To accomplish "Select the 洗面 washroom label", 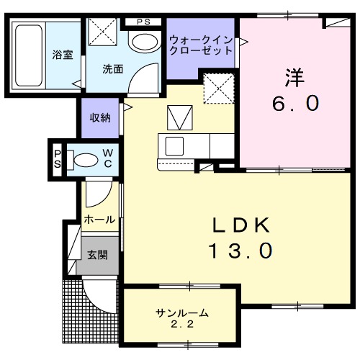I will [112, 70].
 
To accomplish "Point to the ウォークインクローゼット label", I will [200, 45].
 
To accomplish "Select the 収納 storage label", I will [100, 118].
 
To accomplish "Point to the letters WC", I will [107, 157].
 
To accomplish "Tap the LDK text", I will [240, 225].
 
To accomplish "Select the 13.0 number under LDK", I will [240, 251].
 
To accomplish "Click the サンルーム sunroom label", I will [182, 312].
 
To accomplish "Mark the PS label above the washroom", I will [143, 22].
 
